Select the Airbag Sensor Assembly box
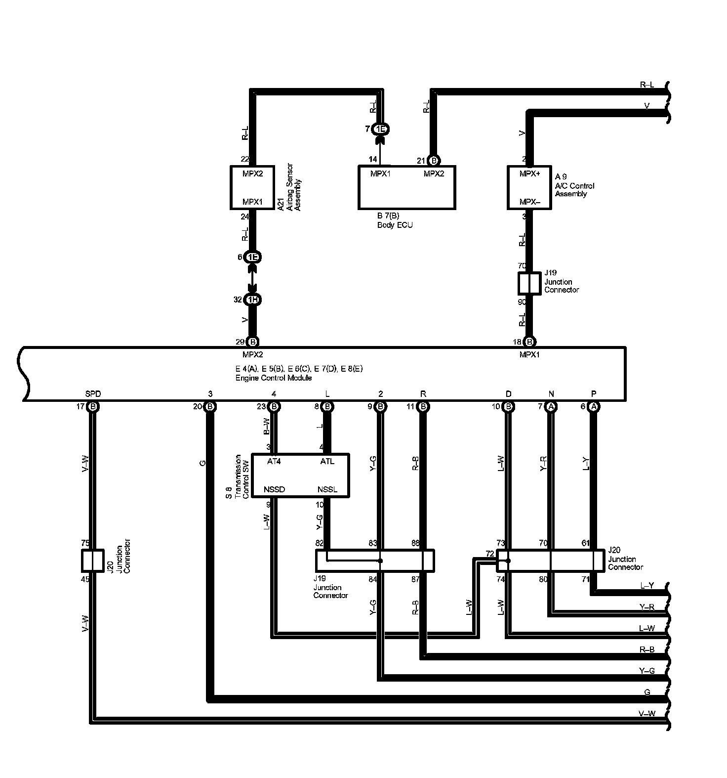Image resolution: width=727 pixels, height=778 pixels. (x=252, y=187)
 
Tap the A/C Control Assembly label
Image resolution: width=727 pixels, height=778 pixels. (x=574, y=185)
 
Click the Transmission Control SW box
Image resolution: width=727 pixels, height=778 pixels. (x=300, y=475)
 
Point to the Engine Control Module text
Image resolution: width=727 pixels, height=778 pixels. (x=273, y=378)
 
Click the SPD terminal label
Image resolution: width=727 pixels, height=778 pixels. (x=93, y=394)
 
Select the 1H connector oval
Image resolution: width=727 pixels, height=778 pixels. (x=253, y=300)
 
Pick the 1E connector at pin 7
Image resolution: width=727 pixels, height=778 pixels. (x=380, y=129)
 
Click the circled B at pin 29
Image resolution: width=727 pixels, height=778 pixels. (x=253, y=342)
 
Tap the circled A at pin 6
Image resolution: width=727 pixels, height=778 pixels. (x=594, y=406)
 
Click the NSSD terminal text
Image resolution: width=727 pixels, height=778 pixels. (x=274, y=490)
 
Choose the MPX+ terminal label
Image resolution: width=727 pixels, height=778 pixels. (x=529, y=174)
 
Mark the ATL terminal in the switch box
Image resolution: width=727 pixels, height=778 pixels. (x=327, y=462)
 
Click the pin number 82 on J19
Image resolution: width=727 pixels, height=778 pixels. (x=320, y=543)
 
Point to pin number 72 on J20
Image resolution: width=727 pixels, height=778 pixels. (x=489, y=554)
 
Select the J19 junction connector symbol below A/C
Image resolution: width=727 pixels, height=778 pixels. (x=529, y=283)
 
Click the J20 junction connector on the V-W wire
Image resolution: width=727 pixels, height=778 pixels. (x=92, y=561)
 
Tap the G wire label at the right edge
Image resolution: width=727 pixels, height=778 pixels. (x=647, y=692)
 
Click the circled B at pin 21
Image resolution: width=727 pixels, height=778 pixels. (x=433, y=161)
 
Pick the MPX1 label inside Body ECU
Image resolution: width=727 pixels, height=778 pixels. (x=380, y=174)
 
